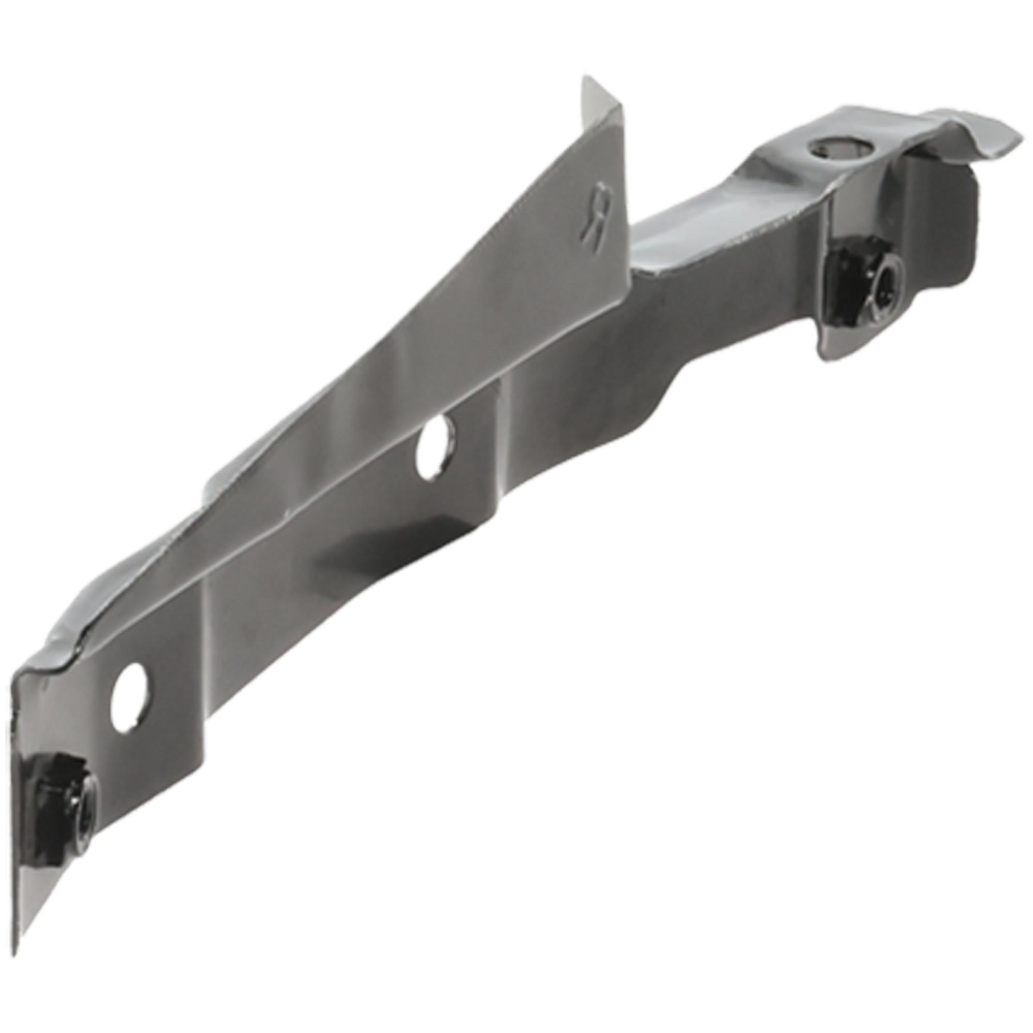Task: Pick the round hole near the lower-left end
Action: pos(130,697)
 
